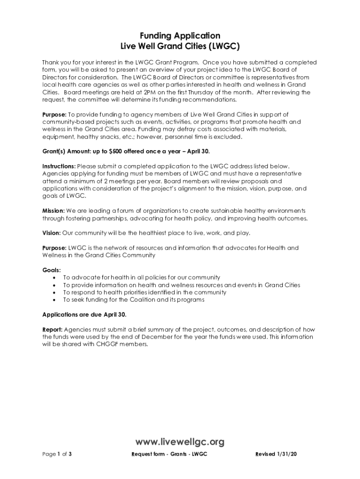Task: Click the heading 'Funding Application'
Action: coord(180,36)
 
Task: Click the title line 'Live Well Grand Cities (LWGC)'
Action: coord(180,47)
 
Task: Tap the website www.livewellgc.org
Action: coord(180,442)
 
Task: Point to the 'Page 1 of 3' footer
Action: coord(57,454)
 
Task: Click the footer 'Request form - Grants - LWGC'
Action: coord(169,454)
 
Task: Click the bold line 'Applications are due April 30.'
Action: coord(84,314)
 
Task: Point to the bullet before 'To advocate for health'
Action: coord(55,278)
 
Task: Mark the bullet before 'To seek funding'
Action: coord(55,300)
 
